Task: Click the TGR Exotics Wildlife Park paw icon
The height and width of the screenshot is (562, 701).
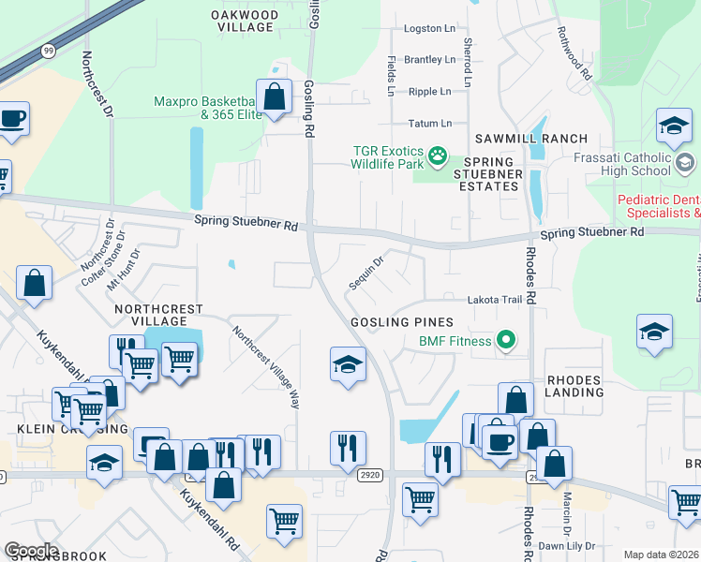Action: pyautogui.click(x=438, y=152)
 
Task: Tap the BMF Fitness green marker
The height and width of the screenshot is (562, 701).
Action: pyautogui.click(x=507, y=339)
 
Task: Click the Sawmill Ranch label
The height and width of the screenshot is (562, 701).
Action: pyautogui.click(x=530, y=139)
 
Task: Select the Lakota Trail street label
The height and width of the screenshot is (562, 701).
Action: pyautogui.click(x=494, y=300)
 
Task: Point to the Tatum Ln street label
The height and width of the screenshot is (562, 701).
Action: pyautogui.click(x=429, y=124)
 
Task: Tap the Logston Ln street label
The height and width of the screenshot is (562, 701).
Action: pyautogui.click(x=428, y=29)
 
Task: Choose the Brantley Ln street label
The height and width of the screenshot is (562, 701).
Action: pyautogui.click(x=429, y=60)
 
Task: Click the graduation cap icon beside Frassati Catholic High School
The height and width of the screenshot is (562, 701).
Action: pyautogui.click(x=673, y=126)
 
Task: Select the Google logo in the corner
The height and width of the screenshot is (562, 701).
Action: pyautogui.click(x=31, y=551)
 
